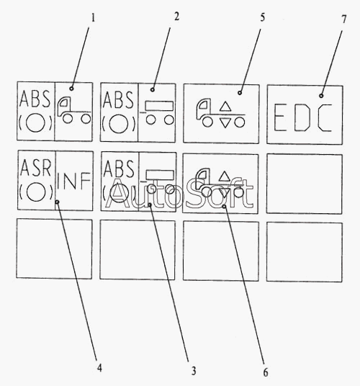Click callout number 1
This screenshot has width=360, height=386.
pyautogui.click(x=93, y=18)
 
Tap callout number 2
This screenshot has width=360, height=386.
pyautogui.click(x=176, y=17)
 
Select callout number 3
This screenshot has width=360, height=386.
pyautogui.click(x=194, y=370)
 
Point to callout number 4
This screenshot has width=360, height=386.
pyautogui.click(x=99, y=368)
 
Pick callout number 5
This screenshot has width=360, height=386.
pyautogui.click(x=262, y=17)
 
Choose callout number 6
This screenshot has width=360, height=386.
pyautogui.click(x=266, y=372)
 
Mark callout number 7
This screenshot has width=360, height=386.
pyautogui.click(x=343, y=19)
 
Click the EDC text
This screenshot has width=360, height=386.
pyautogui.click(x=303, y=117)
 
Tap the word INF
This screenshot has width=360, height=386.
pyautogui.click(x=73, y=181)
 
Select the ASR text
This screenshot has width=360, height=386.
pyautogui.click(x=35, y=168)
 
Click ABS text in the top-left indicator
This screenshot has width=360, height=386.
pyautogui.click(x=35, y=99)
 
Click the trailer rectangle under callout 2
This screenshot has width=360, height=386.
pyautogui.click(x=159, y=106)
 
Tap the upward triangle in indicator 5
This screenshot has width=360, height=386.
pyautogui.click(x=225, y=107)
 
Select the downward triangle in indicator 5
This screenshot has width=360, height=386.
pyautogui.click(x=225, y=123)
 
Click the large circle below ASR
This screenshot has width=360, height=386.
pyautogui.click(x=36, y=192)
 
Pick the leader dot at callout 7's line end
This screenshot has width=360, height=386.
pyautogui.click(x=321, y=96)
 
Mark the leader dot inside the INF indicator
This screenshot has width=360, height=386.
pyautogui.click(x=57, y=202)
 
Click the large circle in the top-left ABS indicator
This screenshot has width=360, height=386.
pyautogui.click(x=35, y=122)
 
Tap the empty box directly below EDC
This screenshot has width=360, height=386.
pyautogui.click(x=305, y=184)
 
